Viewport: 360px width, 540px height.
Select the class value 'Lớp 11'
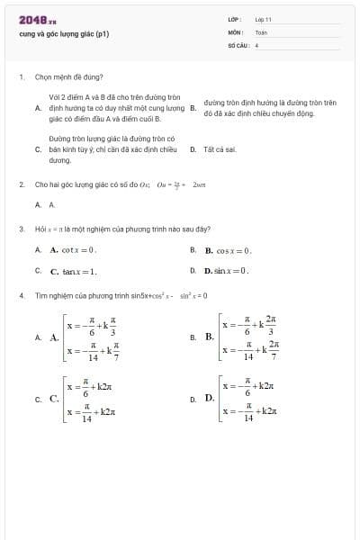tap(264, 19)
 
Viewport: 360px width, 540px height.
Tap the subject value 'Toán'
tap(261, 31)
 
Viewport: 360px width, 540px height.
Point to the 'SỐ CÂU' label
tap(237, 44)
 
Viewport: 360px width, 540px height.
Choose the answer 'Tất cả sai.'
tap(220, 149)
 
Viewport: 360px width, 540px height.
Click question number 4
tap(21, 294)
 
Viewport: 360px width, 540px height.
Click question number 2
tap(21, 184)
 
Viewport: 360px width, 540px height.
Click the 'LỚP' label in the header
tap(234, 19)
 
